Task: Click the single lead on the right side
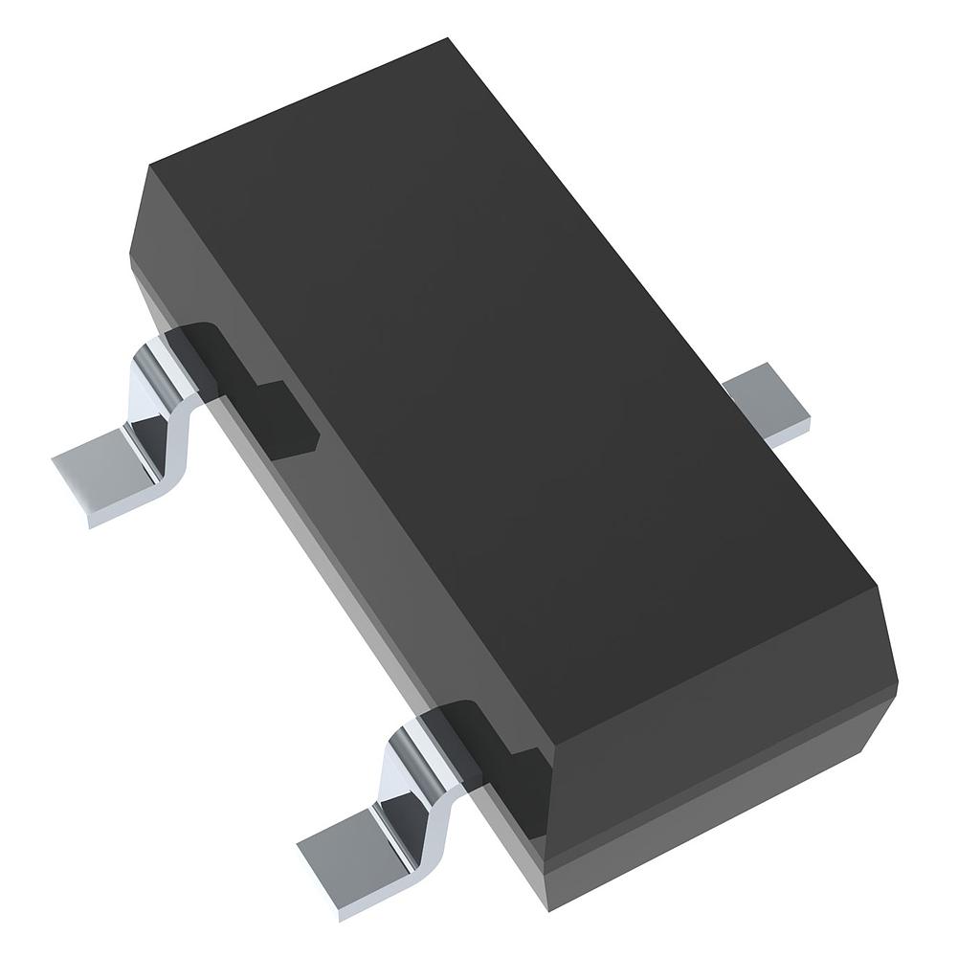point(770,407)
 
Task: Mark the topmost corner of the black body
point(448,39)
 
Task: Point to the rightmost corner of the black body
point(897,681)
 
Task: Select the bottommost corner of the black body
point(553,908)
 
